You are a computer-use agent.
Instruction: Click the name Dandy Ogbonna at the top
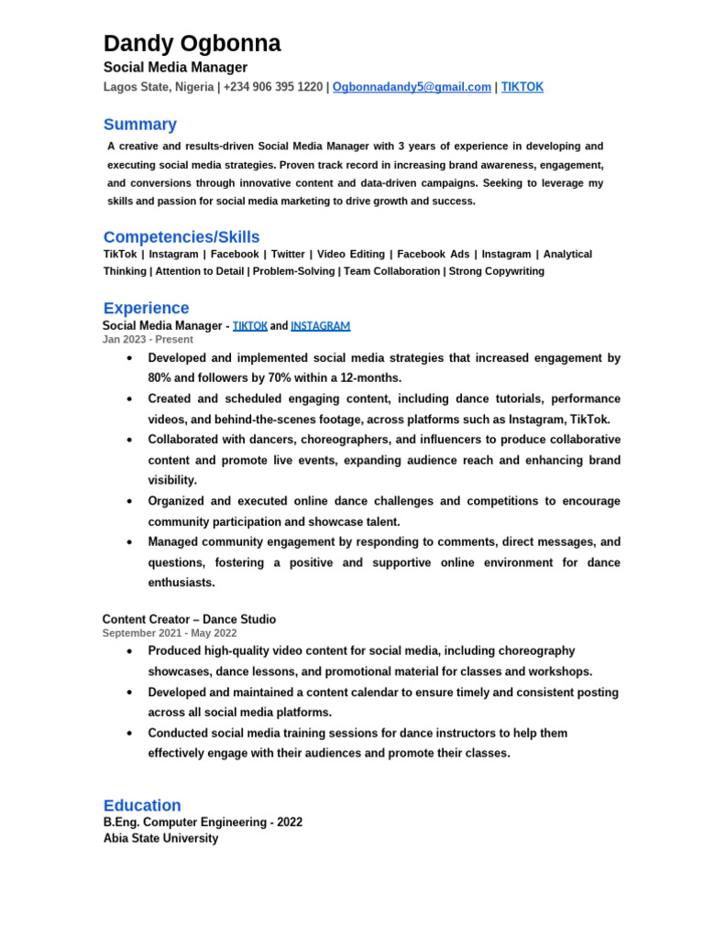coord(192,43)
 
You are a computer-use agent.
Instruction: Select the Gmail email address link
coord(412,87)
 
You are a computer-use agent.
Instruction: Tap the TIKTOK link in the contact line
coord(522,87)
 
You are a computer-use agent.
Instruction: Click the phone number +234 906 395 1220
coord(273,87)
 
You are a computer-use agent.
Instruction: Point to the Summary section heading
coord(139,125)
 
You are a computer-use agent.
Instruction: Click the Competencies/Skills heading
coord(181,237)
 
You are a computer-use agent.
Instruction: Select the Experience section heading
coord(146,308)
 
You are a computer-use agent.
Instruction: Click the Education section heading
coord(142,805)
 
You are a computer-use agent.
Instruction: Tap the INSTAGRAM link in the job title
coord(320,325)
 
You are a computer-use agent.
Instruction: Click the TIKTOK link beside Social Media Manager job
coord(250,325)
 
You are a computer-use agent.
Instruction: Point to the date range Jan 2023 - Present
coord(148,339)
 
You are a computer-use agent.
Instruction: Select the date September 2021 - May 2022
coord(169,633)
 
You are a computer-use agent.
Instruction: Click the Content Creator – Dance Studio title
coord(189,619)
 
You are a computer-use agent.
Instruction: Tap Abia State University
coord(160,838)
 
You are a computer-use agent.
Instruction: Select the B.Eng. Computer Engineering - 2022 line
coord(203,823)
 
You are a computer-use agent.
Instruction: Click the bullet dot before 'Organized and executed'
coord(130,502)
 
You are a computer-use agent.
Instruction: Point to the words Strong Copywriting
coord(496,271)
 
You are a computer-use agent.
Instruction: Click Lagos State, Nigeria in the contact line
coord(158,87)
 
